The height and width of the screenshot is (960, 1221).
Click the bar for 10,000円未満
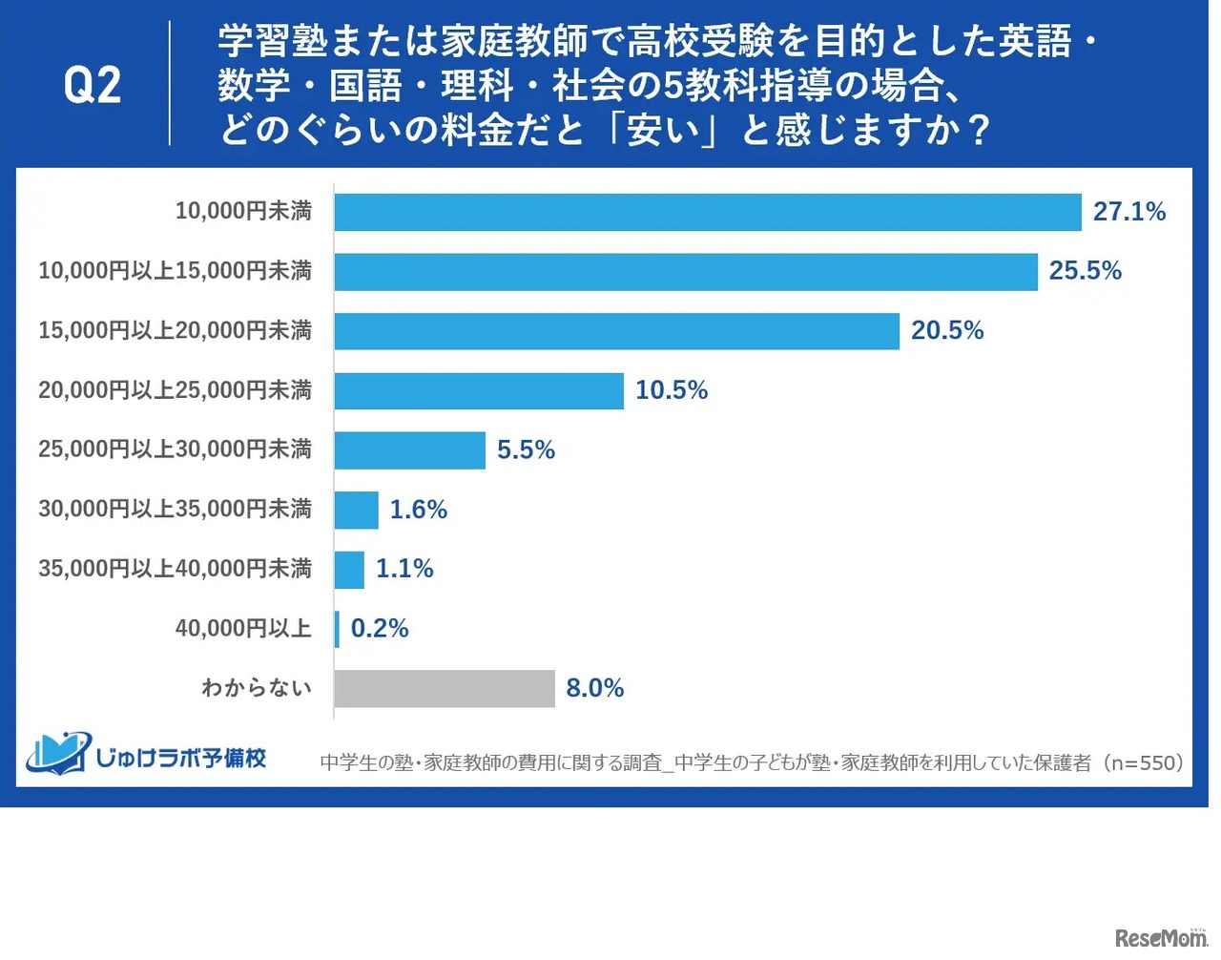point(707,212)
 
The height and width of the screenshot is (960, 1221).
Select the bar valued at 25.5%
point(685,272)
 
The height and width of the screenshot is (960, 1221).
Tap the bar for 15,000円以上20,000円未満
point(616,331)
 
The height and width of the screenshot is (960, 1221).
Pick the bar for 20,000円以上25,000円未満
point(478,391)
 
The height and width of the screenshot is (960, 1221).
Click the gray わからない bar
point(444,689)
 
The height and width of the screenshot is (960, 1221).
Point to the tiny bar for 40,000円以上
point(337,629)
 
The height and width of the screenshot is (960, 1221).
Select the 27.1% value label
point(1128,212)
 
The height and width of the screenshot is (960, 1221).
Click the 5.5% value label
point(526,450)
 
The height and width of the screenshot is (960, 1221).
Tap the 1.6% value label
point(418,510)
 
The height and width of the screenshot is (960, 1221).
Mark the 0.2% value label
point(380,629)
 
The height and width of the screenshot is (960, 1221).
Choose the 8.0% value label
point(594,689)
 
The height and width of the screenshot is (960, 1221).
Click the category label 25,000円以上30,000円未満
point(175,449)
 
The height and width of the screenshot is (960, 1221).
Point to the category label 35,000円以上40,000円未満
point(175,569)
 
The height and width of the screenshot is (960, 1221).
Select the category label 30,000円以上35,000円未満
point(175,510)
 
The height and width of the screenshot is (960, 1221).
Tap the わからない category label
point(256,688)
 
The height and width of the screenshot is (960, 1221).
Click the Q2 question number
point(93,86)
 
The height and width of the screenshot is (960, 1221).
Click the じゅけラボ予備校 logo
point(146,756)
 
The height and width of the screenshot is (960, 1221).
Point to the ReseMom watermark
point(1160,938)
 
